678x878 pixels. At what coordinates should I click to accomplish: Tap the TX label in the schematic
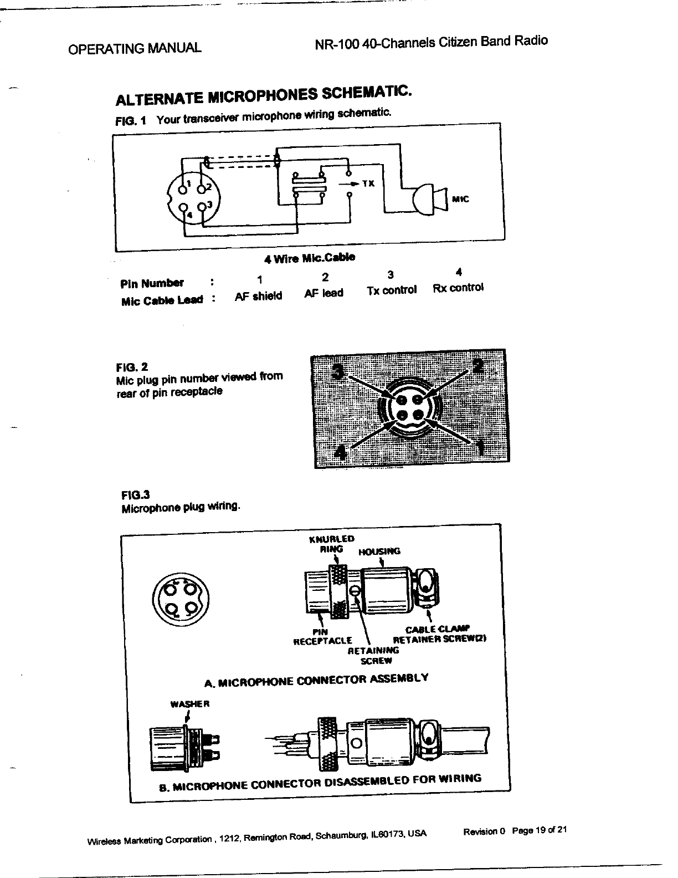tap(368, 183)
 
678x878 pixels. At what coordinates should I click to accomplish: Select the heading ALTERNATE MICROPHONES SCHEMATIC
tap(263, 96)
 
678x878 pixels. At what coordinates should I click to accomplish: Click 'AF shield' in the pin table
tap(258, 296)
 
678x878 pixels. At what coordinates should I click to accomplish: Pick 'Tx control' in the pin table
tap(391, 290)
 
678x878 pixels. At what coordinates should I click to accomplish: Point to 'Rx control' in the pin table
tap(458, 288)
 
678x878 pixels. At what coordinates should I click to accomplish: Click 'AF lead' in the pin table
tap(324, 293)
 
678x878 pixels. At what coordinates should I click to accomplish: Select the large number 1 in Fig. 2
tap(480, 446)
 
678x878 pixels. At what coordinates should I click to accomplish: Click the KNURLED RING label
tap(331, 544)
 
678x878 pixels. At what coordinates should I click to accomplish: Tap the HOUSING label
tap(379, 552)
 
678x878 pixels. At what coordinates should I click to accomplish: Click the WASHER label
tap(189, 705)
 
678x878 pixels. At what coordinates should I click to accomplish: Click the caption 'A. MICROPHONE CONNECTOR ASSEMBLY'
tap(316, 680)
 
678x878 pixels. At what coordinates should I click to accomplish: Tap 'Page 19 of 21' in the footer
tap(540, 831)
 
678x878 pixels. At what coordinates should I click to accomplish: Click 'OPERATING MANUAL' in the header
tap(134, 48)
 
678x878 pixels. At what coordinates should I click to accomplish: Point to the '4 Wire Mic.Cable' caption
tap(310, 258)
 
